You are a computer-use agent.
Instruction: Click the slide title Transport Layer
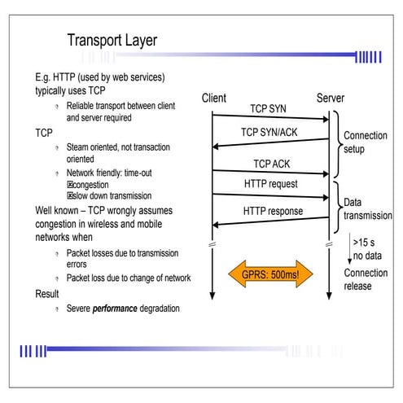[111, 40]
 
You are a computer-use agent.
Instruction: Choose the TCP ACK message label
[272, 163]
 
